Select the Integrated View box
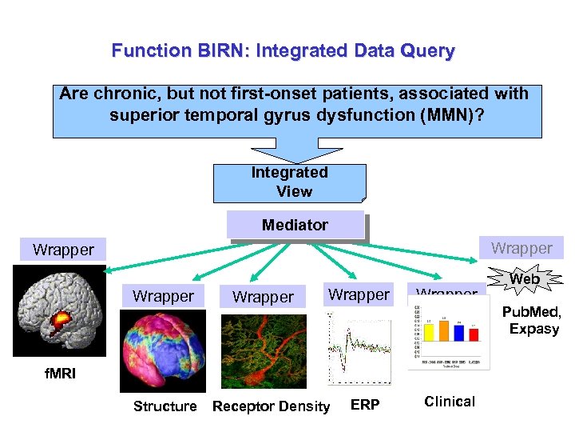(x=289, y=182)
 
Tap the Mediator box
(x=295, y=226)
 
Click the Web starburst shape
(x=525, y=279)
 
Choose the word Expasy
(x=534, y=329)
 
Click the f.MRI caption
(x=61, y=373)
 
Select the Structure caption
(x=165, y=406)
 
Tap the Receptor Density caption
(x=271, y=406)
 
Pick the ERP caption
(x=365, y=405)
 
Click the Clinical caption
(x=450, y=402)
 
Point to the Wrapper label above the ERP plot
(x=359, y=295)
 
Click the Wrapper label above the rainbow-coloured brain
(x=163, y=297)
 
